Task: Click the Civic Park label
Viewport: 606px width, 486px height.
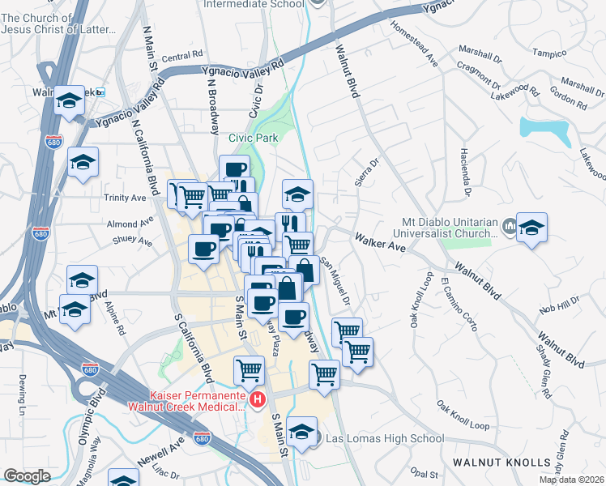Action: (x=253, y=138)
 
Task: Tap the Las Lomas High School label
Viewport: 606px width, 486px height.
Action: (x=384, y=439)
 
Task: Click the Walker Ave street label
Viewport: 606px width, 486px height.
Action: (x=379, y=241)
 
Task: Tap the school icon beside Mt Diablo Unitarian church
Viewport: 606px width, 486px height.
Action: (x=531, y=228)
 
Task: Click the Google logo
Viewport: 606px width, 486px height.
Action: (x=27, y=475)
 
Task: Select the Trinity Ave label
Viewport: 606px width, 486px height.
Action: (x=125, y=197)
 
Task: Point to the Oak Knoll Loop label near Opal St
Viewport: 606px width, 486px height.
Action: (x=463, y=415)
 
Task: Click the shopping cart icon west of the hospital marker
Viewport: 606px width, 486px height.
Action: (x=249, y=371)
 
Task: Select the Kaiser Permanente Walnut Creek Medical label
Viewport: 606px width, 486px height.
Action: (x=184, y=399)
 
